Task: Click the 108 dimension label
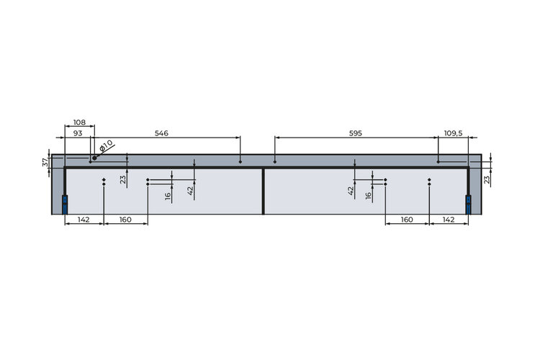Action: tap(79, 122)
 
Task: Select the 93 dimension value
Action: tap(78, 133)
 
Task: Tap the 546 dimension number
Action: tap(161, 133)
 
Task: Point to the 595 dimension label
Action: tap(356, 133)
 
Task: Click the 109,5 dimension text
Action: tap(453, 133)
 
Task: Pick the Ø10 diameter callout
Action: tap(105, 145)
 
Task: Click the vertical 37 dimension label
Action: tap(46, 162)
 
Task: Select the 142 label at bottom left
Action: tap(84, 220)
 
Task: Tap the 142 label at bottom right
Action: tap(448, 220)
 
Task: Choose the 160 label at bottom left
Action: tap(125, 220)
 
